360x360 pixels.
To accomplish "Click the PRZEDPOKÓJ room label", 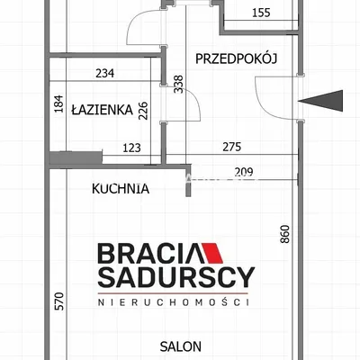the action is click(x=236, y=58).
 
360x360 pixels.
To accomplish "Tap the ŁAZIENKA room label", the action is click(x=102, y=110).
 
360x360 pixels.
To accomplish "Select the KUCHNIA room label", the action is click(x=121, y=189).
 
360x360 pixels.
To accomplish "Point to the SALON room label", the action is click(x=181, y=346).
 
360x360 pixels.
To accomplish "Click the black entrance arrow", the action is click(x=320, y=101).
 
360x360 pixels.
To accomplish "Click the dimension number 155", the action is click(x=261, y=13).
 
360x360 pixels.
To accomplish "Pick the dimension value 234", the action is click(x=105, y=73).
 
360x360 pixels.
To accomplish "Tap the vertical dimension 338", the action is click(x=178, y=85).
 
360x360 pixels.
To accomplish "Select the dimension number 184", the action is click(x=59, y=103).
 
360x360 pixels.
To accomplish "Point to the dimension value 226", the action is click(x=143, y=111).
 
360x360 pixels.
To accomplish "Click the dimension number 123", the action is click(x=132, y=148).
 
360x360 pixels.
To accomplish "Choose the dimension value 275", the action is click(x=232, y=147).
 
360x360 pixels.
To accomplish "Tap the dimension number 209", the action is click(x=244, y=172).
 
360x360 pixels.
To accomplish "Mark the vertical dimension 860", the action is click(x=285, y=234).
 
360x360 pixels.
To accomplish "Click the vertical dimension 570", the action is click(x=59, y=301).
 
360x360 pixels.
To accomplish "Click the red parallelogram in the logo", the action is click(x=212, y=253).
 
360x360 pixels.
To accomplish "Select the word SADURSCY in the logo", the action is click(x=176, y=277).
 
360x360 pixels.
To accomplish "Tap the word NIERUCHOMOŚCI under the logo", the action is click(x=174, y=302).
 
